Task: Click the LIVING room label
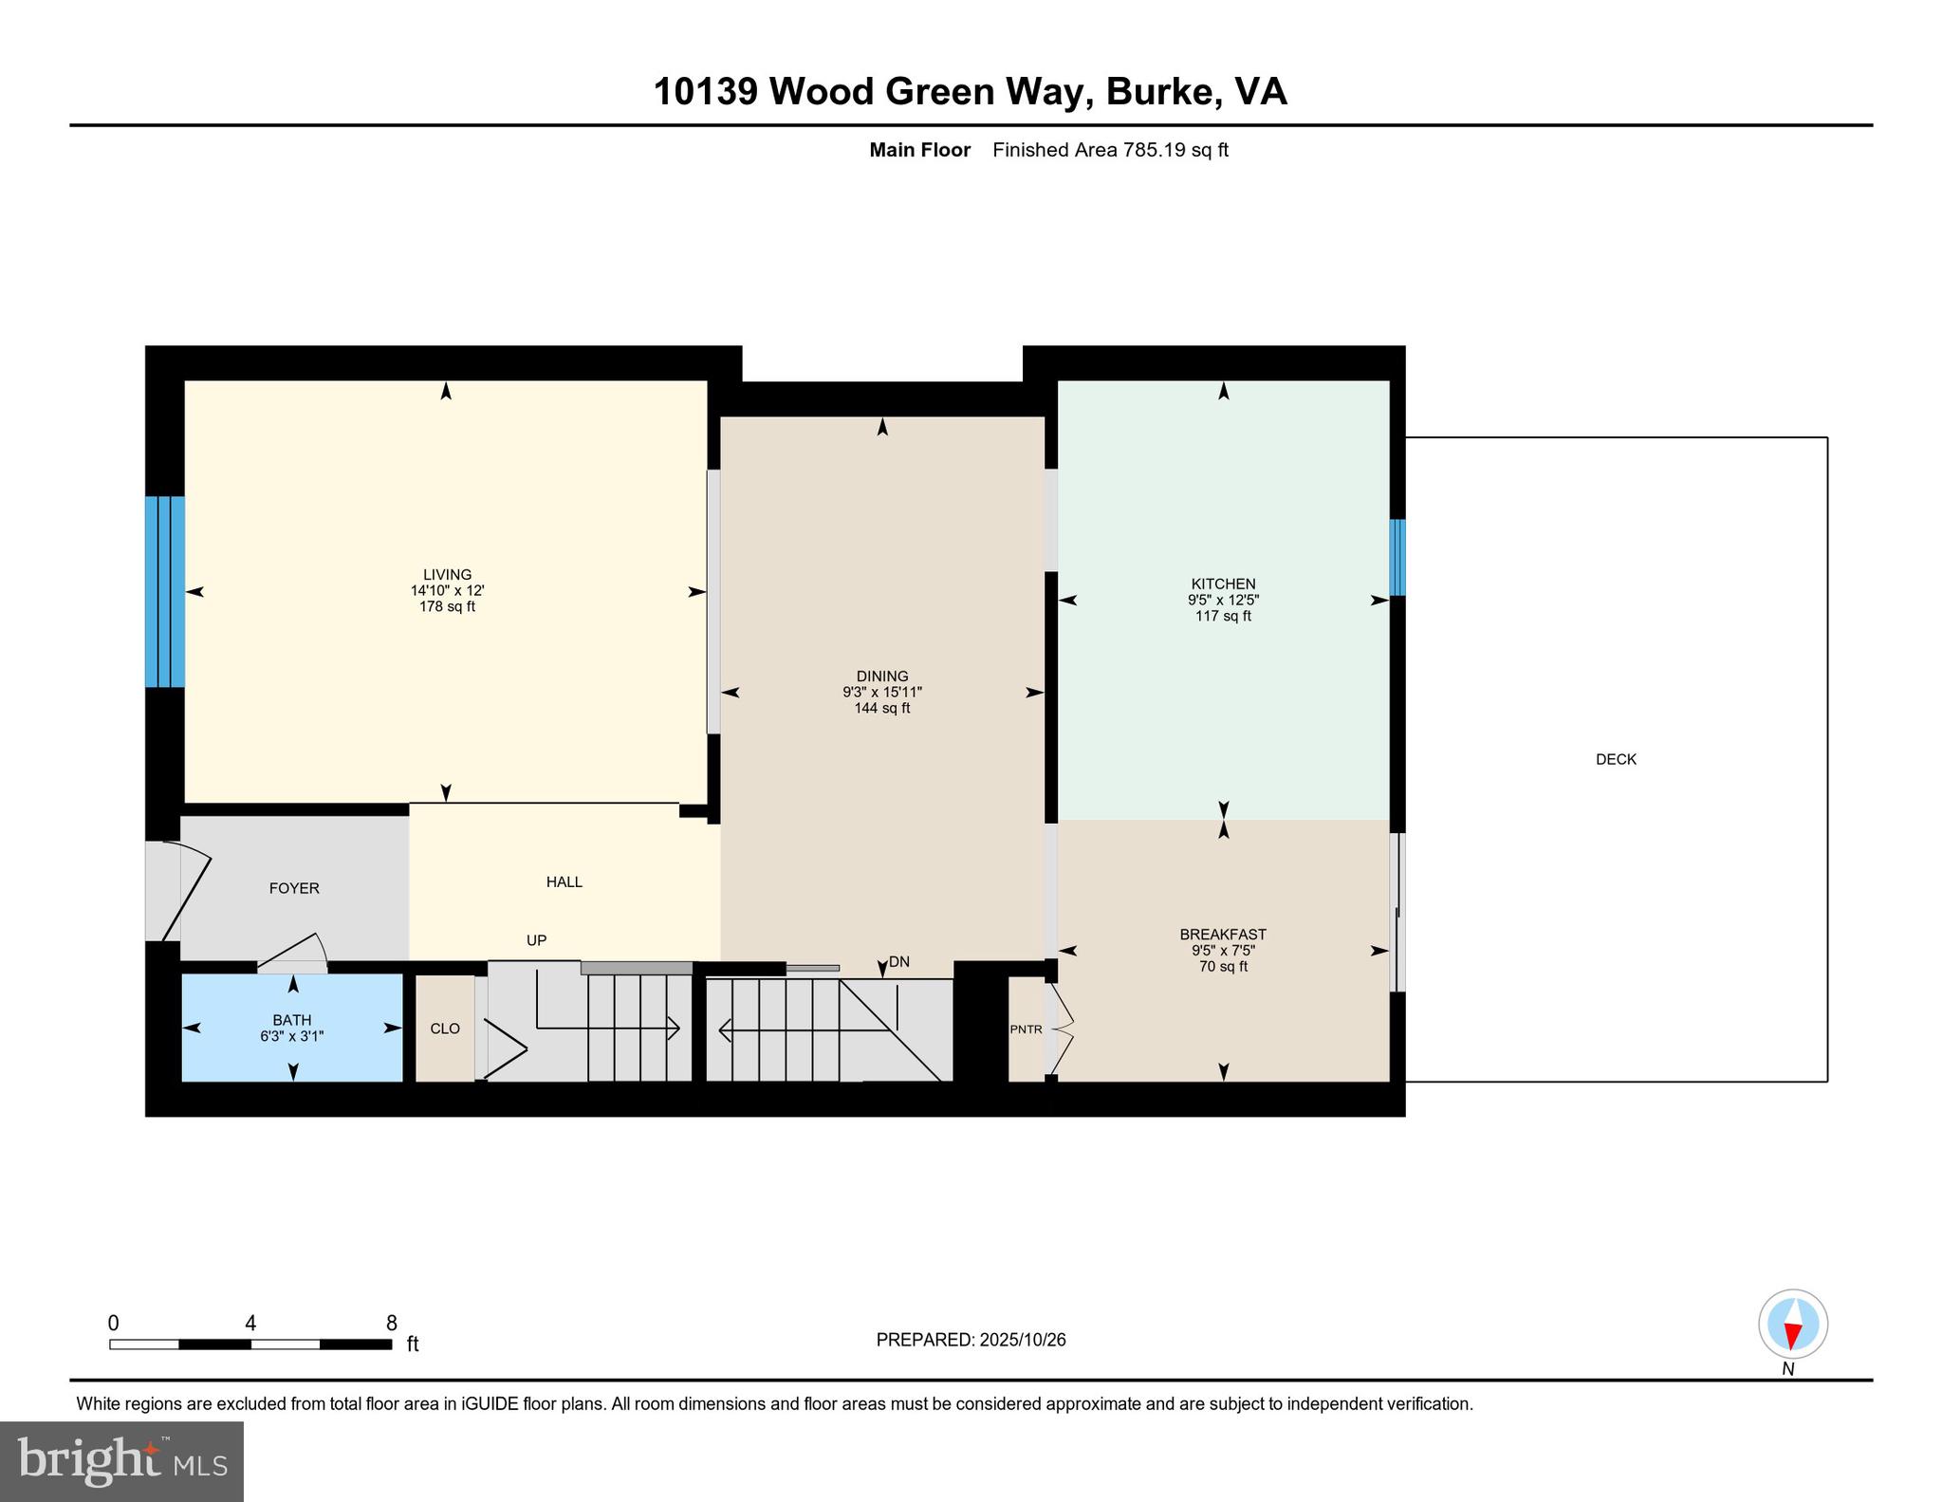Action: point(447,574)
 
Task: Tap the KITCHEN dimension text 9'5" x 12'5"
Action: point(1223,600)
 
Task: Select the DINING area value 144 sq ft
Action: point(881,708)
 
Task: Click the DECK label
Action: point(1616,759)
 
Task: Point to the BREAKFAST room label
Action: point(1223,934)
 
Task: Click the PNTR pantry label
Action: point(1026,1029)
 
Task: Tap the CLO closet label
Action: point(445,1029)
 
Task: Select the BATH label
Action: point(292,1020)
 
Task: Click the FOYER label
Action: point(294,888)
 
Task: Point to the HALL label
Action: point(564,881)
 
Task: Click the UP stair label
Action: point(536,940)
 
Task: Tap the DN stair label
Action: point(898,961)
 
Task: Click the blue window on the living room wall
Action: point(164,591)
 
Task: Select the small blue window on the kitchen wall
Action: point(1397,557)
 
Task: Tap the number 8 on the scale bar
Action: point(391,1323)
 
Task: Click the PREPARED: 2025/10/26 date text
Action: point(971,1340)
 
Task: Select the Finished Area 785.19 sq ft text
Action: point(1110,150)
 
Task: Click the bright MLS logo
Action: point(121,1461)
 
